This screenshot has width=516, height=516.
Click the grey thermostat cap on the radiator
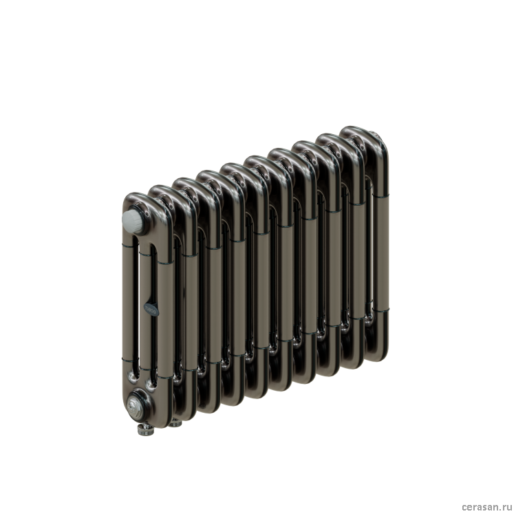(x=132, y=220)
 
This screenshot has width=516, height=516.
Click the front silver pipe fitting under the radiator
(x=145, y=428)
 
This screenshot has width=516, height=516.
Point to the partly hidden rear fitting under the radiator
(x=175, y=423)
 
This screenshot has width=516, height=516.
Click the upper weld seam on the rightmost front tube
(x=380, y=195)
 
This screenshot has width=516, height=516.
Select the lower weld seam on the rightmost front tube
(x=380, y=310)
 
